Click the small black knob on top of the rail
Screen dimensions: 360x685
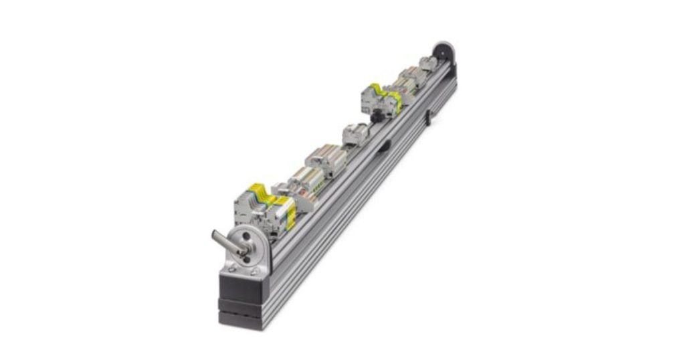[376, 118]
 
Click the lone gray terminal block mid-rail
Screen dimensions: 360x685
[355, 134]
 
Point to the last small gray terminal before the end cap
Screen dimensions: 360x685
[427, 64]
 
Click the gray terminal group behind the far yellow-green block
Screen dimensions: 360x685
[405, 83]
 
